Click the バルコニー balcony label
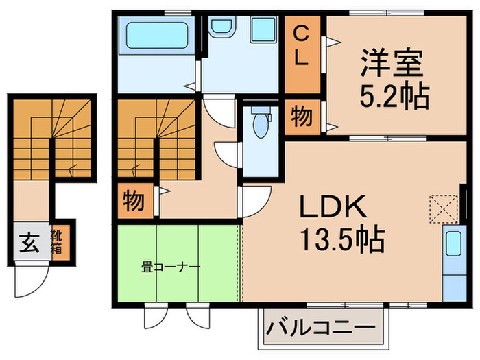click(x=321, y=327)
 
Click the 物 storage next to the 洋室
click(x=302, y=117)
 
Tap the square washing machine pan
click(x=263, y=30)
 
